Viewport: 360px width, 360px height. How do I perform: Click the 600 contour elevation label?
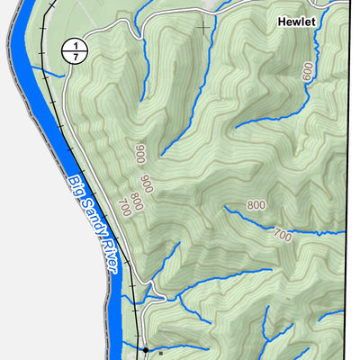coord(309,72)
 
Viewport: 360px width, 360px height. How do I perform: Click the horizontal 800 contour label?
coord(256,205)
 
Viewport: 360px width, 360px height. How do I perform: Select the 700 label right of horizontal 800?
coord(282,236)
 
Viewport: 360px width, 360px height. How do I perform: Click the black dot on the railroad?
coord(144,348)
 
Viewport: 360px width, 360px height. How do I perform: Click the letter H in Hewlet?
coord(282,21)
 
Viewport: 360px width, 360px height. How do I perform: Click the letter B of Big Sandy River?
coord(70,180)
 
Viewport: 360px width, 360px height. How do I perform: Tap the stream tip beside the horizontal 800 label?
coord(226,209)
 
